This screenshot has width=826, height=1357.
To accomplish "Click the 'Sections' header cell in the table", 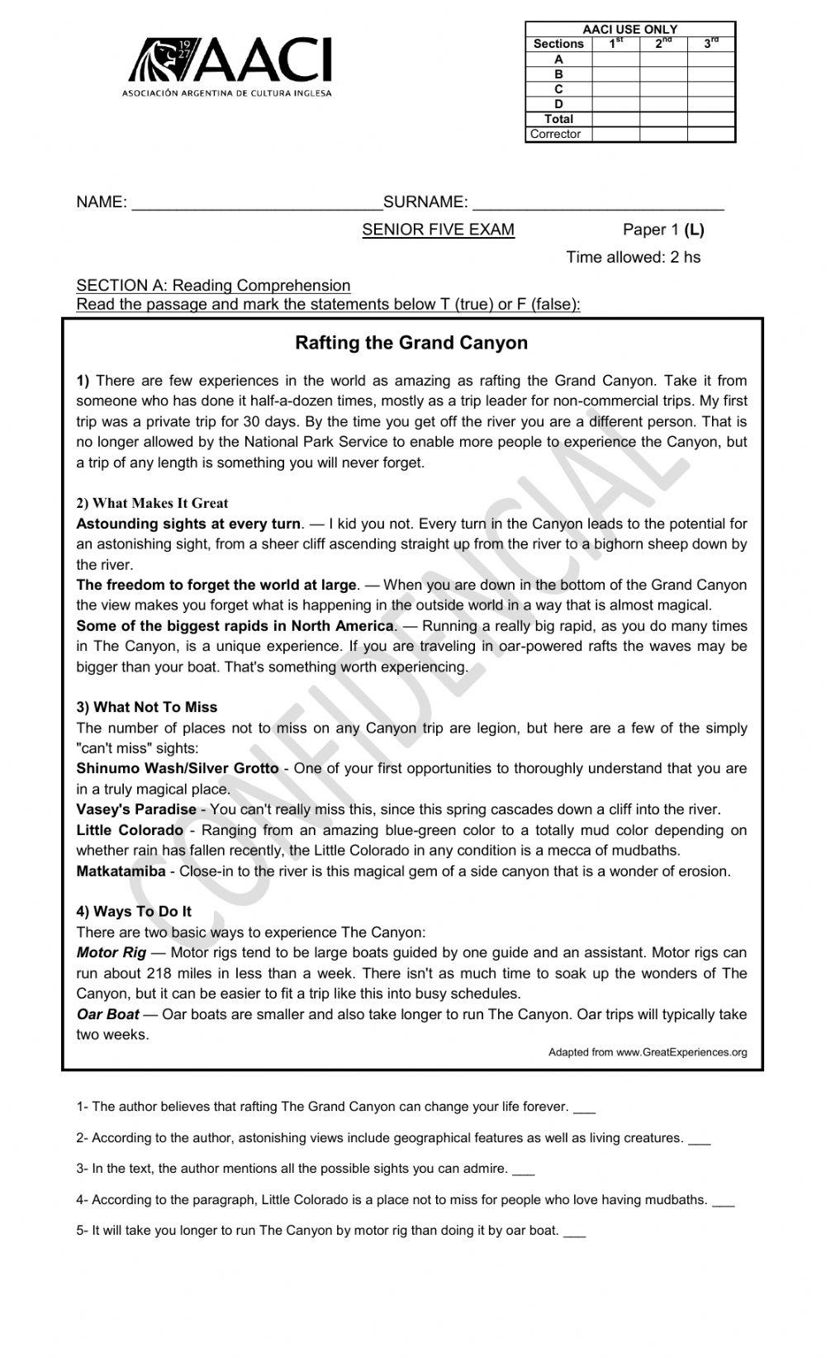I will coord(558,44).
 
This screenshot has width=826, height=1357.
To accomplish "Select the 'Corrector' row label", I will coord(555,134).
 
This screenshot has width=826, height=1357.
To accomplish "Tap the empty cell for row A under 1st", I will coord(615,59).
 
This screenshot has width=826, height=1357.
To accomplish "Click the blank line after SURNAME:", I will coord(598,204).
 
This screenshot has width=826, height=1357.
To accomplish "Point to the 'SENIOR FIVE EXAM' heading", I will coord(438,230).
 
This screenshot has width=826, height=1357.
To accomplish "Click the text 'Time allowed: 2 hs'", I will coord(633,257).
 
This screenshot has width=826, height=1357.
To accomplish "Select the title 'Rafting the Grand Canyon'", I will coord(411,343).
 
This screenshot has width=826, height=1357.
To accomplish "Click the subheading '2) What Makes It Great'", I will coord(152,503).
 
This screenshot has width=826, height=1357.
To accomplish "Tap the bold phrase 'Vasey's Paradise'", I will coord(136,809).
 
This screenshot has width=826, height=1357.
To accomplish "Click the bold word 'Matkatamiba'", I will coord(121,871).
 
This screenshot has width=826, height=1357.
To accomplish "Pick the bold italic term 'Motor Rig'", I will coord(111,952).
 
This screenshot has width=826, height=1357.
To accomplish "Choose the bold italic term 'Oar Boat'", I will coord(107,1014).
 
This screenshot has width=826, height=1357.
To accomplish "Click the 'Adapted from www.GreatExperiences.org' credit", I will coord(648,1052).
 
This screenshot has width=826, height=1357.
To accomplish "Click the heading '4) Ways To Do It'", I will coord(134,911).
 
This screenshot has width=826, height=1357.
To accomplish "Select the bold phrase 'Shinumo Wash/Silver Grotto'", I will coord(178,768).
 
